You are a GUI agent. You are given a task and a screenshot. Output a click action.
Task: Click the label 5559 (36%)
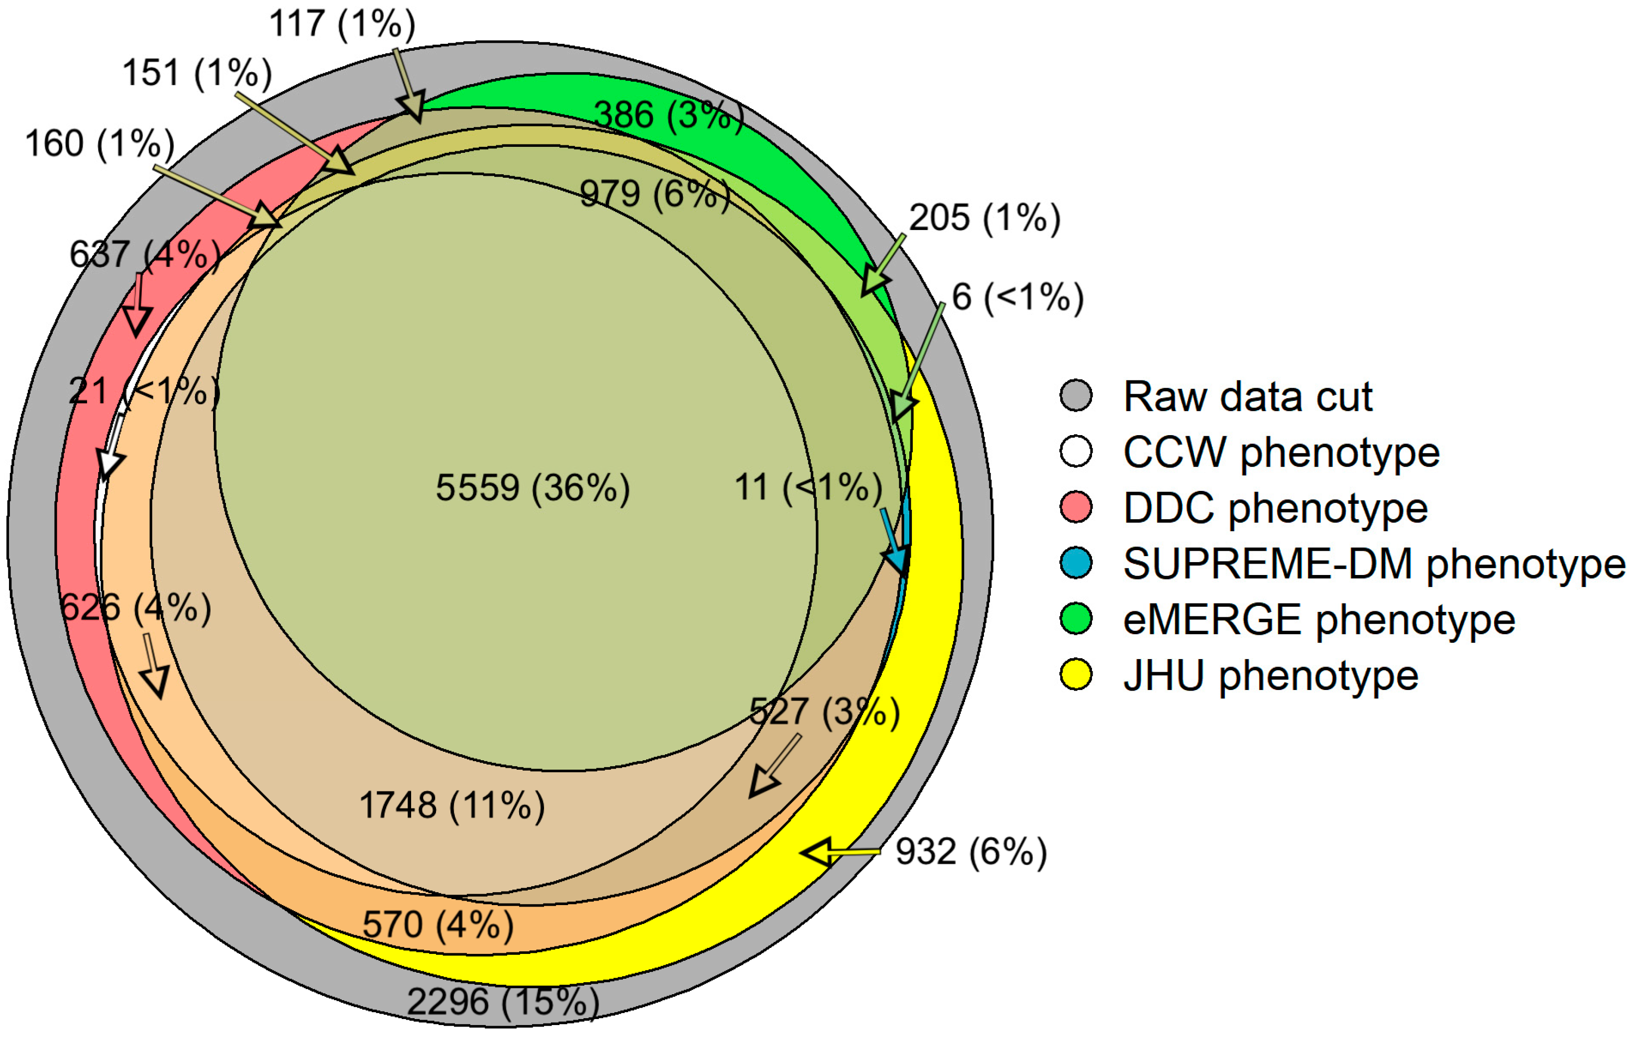pyautogui.click(x=533, y=488)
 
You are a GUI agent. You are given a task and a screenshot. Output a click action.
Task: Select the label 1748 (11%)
pyautogui.click(x=451, y=806)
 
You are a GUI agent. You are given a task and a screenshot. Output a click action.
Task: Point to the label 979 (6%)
pyautogui.click(x=654, y=194)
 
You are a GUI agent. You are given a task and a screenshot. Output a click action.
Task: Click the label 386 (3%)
pyautogui.click(x=668, y=115)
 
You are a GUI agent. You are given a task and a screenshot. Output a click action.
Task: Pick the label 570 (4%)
pyautogui.click(x=438, y=924)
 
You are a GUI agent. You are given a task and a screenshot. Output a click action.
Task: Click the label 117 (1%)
pyautogui.click(x=342, y=24)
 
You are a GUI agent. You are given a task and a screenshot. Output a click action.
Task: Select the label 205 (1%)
pyautogui.click(x=984, y=218)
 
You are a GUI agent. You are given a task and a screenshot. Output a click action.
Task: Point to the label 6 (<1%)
pyautogui.click(x=1017, y=297)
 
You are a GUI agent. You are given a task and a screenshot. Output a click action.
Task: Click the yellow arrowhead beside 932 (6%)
pyautogui.click(x=818, y=853)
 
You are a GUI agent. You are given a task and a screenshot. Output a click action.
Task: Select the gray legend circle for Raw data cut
pyautogui.click(x=1076, y=395)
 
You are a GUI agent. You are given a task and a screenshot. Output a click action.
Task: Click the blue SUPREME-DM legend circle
pyautogui.click(x=1076, y=563)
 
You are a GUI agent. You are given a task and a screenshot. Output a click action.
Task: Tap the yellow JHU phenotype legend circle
pyautogui.click(x=1076, y=675)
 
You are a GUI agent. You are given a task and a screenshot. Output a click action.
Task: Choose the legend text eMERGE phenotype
pyautogui.click(x=1318, y=619)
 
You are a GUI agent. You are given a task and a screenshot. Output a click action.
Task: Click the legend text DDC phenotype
pyautogui.click(x=1275, y=508)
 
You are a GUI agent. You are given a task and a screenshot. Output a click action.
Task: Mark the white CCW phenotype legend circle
pyautogui.click(x=1076, y=452)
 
